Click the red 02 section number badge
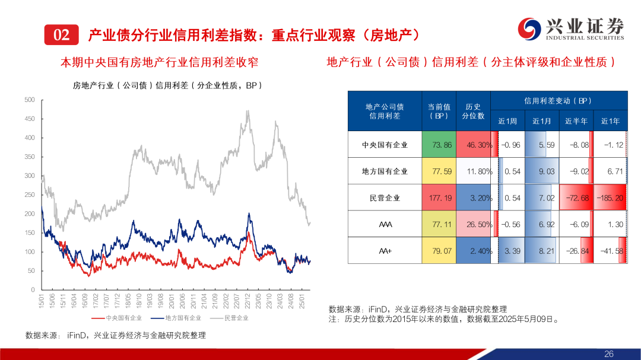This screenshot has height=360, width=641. [x=61, y=35]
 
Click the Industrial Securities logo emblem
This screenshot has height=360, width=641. [x=529, y=28]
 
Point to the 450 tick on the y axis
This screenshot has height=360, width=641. [x=29, y=119]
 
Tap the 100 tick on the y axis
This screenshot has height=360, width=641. [x=29, y=251]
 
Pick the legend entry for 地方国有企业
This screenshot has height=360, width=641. [x=172, y=318]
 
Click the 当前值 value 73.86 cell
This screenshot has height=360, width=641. [x=439, y=144]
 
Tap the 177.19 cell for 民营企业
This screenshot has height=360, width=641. [x=439, y=197]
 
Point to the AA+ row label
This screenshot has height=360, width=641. [x=385, y=251]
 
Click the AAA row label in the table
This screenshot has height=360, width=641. [x=385, y=224]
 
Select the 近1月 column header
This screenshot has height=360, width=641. [x=542, y=121]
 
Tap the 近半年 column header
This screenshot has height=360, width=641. [x=576, y=121]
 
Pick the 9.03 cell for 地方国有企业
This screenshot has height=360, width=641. [x=542, y=171]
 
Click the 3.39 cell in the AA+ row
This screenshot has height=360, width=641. [x=508, y=251]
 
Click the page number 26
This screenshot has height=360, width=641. [x=608, y=353]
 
